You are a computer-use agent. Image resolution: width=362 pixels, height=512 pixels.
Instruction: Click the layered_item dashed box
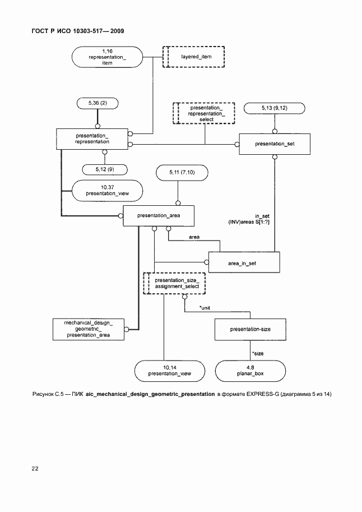193,57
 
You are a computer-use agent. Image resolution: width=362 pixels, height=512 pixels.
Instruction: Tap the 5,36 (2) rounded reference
98,104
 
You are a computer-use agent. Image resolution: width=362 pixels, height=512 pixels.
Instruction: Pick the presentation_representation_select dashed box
203,113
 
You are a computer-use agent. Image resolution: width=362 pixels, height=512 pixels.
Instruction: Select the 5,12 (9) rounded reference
105,169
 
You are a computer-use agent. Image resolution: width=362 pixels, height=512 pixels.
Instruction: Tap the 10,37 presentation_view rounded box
107,191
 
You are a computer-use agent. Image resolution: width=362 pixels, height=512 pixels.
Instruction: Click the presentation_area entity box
151,215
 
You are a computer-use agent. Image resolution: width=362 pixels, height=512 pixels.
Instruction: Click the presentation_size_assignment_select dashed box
177,283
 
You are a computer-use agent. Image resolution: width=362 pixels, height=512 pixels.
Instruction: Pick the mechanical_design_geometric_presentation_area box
89,329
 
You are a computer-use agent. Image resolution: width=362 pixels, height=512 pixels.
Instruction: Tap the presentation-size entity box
250,329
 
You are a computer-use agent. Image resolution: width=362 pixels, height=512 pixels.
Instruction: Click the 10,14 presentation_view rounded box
170,370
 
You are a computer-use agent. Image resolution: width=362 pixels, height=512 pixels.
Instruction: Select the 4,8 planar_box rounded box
251,370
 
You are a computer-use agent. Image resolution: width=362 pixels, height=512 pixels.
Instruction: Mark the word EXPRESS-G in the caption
259,395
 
